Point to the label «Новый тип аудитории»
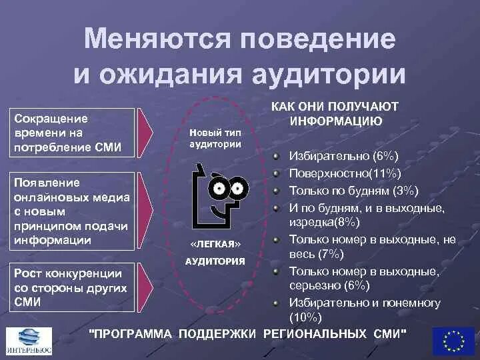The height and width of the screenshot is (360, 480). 215,138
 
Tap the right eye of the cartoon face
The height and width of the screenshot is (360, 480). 239,189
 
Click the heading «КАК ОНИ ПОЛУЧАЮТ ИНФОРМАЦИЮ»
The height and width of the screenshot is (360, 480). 335,113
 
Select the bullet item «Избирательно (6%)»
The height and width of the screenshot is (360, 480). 343,156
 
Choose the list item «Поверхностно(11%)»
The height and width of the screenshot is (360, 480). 344,173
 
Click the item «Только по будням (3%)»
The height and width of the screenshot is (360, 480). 353,191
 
